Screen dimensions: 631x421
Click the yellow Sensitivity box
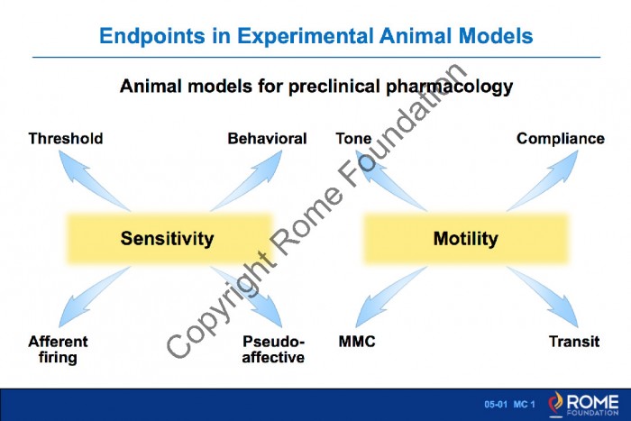(169, 239)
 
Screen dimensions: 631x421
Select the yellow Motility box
(466, 239)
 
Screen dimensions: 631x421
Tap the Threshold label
(66, 139)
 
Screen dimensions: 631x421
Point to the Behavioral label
(267, 139)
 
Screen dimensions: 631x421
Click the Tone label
(353, 139)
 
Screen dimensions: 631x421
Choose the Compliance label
(561, 139)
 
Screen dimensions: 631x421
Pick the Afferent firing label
(58, 350)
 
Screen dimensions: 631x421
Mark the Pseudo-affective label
(273, 350)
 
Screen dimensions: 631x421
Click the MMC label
(357, 342)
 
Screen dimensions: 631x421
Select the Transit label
(574, 342)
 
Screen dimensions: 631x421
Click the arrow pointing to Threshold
(94, 180)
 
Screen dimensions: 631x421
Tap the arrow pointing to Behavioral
(247, 180)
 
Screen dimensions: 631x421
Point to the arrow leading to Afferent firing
(94, 297)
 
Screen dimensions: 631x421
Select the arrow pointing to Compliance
(543, 180)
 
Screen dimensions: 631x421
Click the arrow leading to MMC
(390, 297)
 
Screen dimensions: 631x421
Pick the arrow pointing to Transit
(543, 297)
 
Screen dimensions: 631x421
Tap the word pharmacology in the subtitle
(450, 87)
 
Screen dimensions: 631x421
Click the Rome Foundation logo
(583, 404)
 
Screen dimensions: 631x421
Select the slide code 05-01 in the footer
(496, 405)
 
